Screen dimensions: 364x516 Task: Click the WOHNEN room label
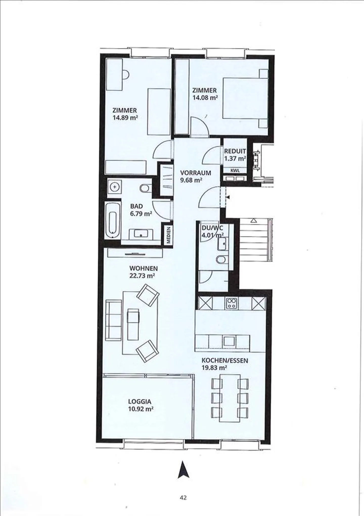click(x=143, y=268)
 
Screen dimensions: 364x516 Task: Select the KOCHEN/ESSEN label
click(x=225, y=361)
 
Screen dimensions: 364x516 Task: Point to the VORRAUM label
click(x=195, y=173)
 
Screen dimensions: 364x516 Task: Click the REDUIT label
click(x=235, y=151)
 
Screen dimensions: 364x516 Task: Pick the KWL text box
click(x=235, y=170)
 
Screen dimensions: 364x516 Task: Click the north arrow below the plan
click(x=184, y=470)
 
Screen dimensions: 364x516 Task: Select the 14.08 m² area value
click(x=205, y=97)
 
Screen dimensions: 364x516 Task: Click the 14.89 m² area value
click(x=125, y=117)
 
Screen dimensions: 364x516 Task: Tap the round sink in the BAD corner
click(x=115, y=187)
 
